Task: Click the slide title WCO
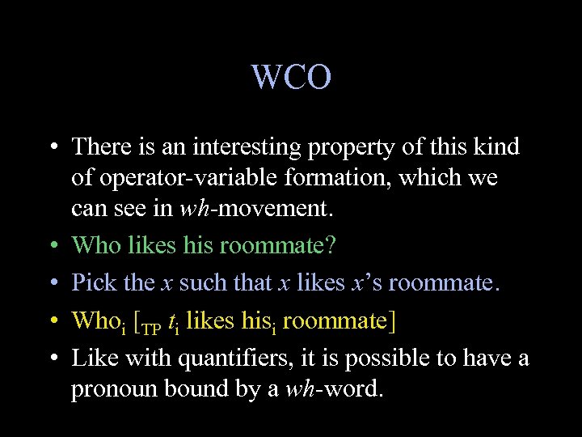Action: (291, 78)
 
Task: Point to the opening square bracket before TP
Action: (136, 322)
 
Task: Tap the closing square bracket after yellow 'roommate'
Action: (392, 322)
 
